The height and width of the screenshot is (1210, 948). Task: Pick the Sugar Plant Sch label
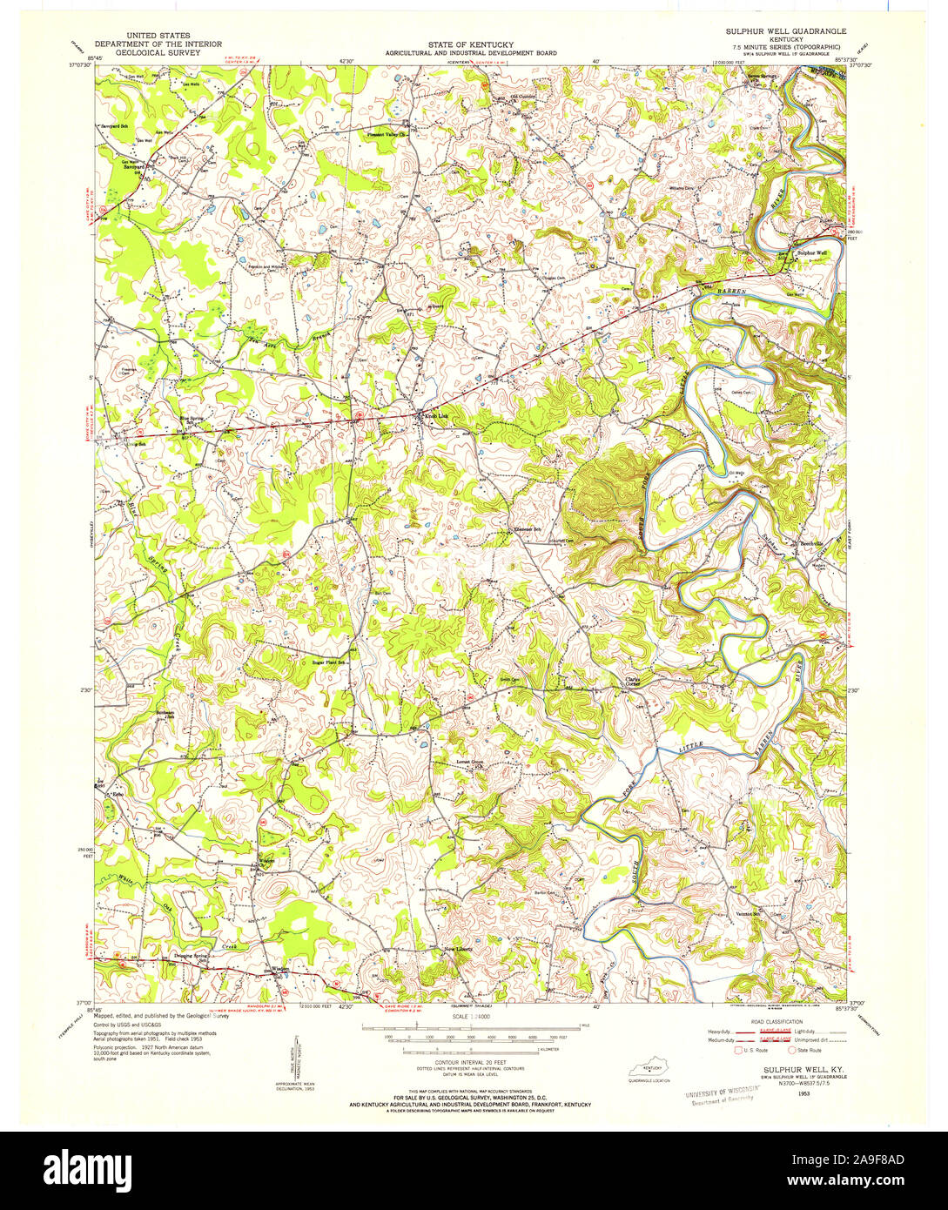329,662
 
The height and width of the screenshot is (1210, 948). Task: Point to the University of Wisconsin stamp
719,1096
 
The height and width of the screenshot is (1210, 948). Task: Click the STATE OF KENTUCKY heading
470,44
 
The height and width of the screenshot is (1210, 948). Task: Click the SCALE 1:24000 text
469,1016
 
